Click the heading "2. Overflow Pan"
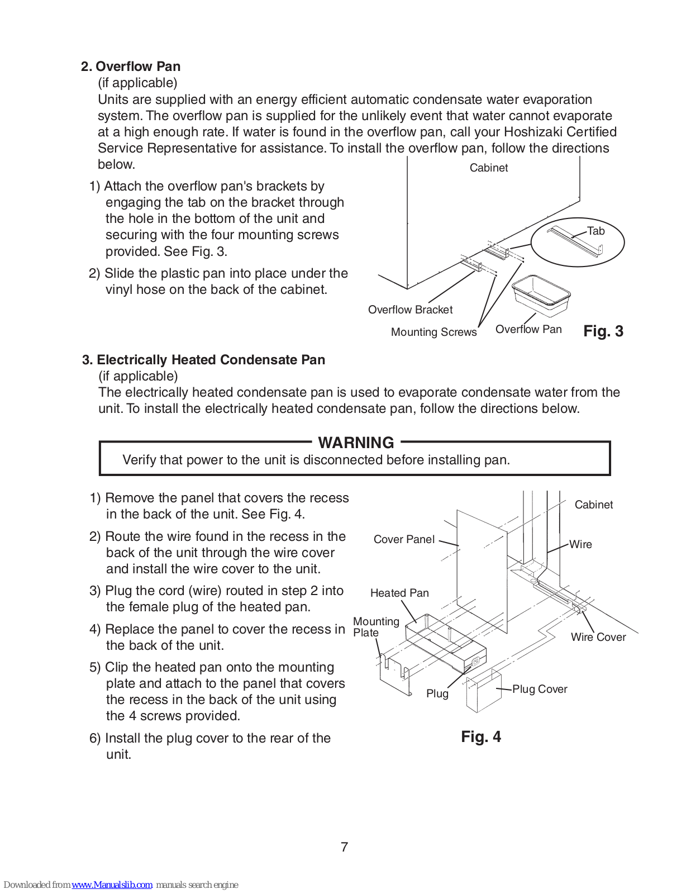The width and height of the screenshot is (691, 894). pos(130,66)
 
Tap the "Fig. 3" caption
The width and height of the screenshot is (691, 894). pos(603,331)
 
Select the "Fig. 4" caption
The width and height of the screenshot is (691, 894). pos(480,737)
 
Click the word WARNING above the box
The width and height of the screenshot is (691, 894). pos(356,443)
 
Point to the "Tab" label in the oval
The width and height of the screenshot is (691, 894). pos(596,231)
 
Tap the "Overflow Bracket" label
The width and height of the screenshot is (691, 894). pos(410,310)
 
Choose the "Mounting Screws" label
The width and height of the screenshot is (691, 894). pos(433,332)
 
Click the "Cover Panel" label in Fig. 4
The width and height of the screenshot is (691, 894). pos(404,539)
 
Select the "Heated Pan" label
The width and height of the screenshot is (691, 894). pos(399,593)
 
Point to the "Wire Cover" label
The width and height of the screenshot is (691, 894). pos(598,637)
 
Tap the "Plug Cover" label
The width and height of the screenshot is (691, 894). pos(540,689)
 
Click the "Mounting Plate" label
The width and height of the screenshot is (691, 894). pos(375,627)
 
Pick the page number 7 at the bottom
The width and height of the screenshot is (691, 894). pos(344,847)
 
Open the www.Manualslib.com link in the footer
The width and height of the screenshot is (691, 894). pos(112,885)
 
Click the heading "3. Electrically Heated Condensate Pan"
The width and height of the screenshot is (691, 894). pos(203,360)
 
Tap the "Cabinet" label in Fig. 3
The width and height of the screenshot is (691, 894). pos(488,168)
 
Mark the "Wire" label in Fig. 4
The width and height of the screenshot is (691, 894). pos(580,544)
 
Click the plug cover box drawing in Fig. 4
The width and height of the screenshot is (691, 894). pos(483,692)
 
